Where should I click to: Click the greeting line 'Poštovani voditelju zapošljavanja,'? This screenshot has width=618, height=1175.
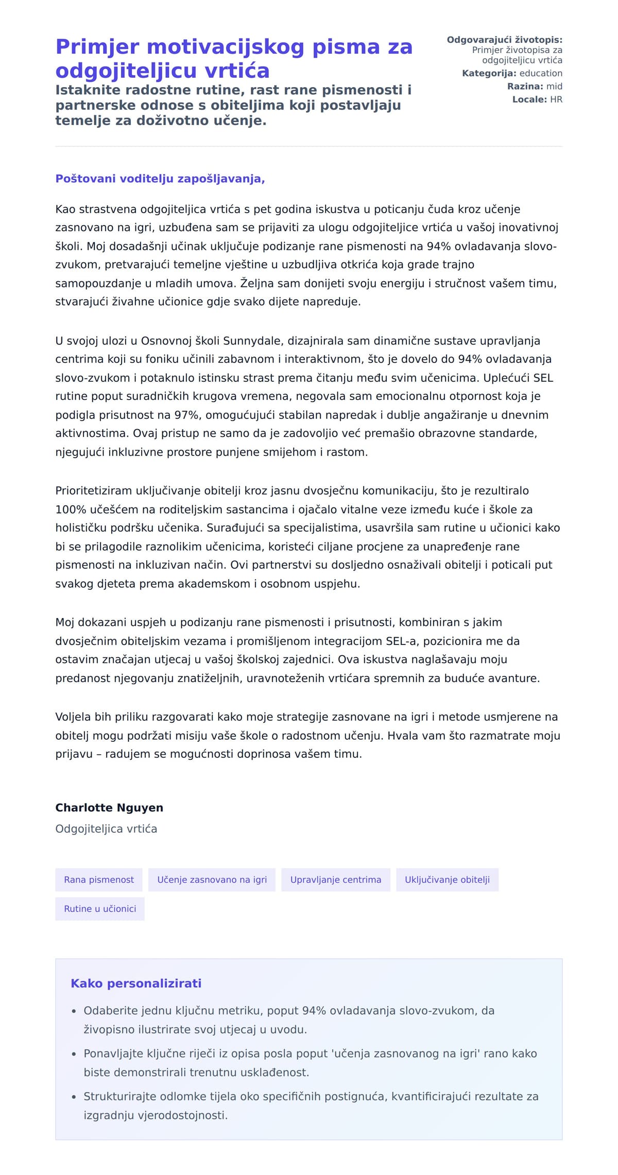[x=160, y=179]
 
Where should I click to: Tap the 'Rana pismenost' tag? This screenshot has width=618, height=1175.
[x=99, y=879]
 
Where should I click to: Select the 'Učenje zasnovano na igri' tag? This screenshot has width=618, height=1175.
[x=212, y=879]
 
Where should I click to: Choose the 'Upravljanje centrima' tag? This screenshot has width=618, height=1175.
[x=336, y=879]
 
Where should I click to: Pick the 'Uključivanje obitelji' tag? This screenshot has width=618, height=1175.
[x=447, y=879]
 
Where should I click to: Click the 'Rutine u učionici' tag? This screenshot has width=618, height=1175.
[x=100, y=909]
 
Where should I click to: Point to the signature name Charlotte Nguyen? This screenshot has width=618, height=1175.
[x=109, y=807]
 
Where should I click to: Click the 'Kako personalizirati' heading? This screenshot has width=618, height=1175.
[x=136, y=983]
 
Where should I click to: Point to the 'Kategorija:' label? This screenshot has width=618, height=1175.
[x=489, y=73]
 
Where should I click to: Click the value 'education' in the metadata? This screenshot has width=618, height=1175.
[x=541, y=73]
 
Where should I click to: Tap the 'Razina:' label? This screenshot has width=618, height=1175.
[x=525, y=86]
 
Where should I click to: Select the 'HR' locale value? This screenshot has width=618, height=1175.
[x=556, y=99]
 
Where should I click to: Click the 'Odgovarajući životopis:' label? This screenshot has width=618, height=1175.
[x=504, y=40]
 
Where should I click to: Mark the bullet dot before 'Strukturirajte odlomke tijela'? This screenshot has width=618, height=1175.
[x=74, y=1097]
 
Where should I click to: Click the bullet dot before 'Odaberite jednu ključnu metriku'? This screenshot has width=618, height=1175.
[x=74, y=1011]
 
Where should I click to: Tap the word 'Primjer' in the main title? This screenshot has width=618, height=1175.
[x=97, y=47]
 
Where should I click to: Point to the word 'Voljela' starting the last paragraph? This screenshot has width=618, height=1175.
[x=73, y=717]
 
